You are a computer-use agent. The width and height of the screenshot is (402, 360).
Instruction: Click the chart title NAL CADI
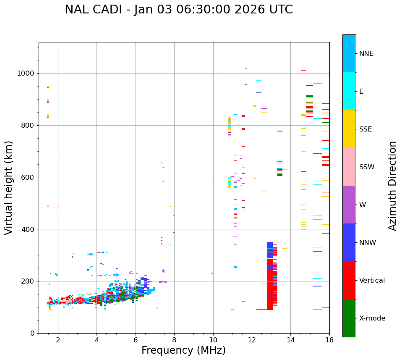(178, 10)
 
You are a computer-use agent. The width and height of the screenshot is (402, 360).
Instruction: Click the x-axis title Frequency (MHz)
(183, 350)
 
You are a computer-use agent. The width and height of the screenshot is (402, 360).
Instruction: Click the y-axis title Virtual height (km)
(9, 187)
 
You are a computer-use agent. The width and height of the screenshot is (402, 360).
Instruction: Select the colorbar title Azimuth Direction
(392, 186)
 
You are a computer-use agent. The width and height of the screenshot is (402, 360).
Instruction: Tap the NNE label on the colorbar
(366, 54)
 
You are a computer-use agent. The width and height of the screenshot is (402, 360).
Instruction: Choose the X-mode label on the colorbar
(372, 318)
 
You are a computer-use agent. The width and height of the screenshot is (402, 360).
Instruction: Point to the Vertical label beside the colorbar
(372, 281)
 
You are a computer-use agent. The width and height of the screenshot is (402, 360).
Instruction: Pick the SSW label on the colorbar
(367, 167)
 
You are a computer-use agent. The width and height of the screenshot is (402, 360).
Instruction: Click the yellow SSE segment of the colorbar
(349, 129)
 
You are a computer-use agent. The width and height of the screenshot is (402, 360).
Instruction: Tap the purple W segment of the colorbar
(349, 205)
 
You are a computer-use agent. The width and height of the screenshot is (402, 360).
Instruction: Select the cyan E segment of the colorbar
(349, 91)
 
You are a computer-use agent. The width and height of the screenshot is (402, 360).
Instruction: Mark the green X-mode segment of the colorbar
(349, 318)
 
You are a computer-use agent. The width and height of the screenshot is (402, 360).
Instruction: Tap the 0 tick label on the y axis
(32, 333)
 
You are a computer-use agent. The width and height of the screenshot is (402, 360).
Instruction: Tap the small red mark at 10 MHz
(212, 273)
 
